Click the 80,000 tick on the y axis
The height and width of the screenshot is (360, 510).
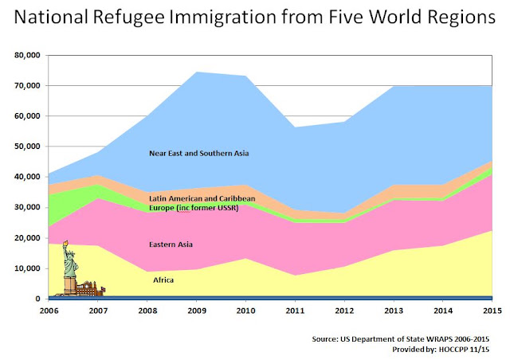[x=27, y=55]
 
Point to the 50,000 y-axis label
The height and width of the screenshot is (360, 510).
[x=27, y=147]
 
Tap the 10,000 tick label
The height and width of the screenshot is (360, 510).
[x=27, y=268]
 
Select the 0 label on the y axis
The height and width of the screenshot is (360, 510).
[x=37, y=299]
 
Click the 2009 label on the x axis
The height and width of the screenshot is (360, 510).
[x=197, y=311]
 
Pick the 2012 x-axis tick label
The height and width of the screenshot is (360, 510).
[x=344, y=311]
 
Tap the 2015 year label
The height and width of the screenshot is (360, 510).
[x=492, y=311]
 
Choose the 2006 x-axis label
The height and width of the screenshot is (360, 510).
[x=49, y=311]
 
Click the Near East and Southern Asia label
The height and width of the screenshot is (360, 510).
[x=198, y=153]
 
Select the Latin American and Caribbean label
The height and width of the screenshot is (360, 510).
[x=202, y=198]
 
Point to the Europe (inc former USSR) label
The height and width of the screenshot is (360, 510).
[x=194, y=208]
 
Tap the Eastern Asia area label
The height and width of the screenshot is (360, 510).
[x=171, y=245]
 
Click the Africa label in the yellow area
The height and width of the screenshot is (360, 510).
[x=163, y=280]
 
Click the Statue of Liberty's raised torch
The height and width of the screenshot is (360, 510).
[x=65, y=243]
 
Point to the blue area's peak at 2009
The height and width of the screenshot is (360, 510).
[x=197, y=72]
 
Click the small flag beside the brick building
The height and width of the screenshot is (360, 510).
[x=103, y=289]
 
